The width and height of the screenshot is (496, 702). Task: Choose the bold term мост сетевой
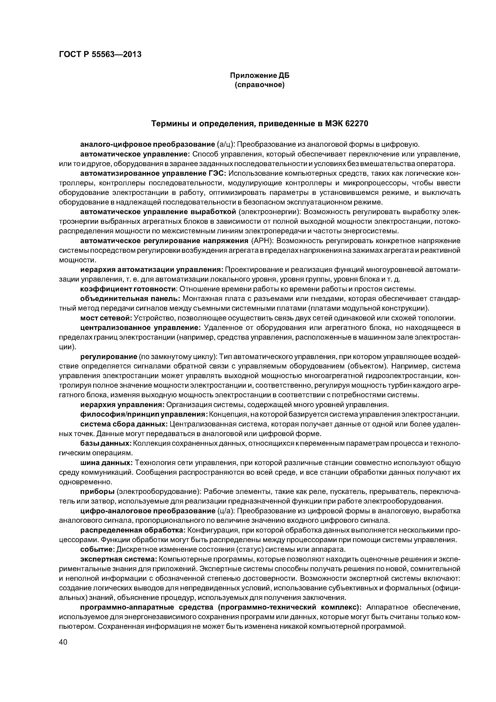106,318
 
